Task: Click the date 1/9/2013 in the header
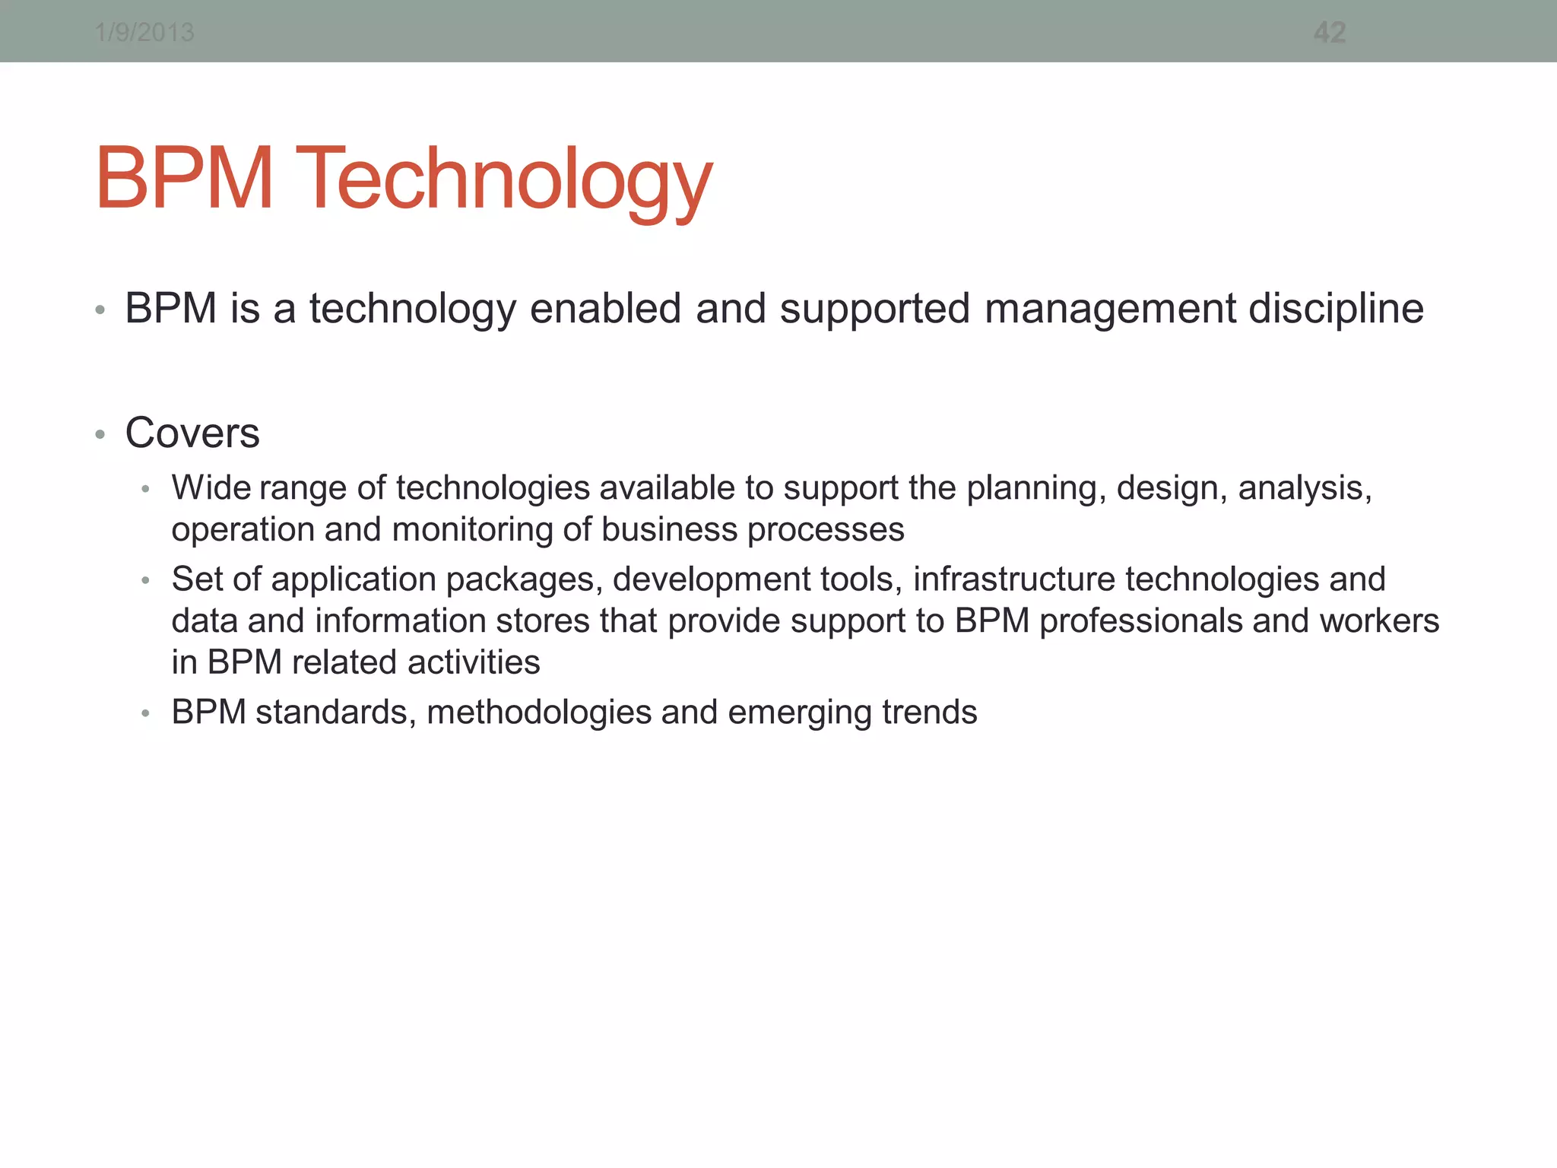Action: (x=144, y=33)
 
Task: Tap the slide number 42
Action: (x=1330, y=33)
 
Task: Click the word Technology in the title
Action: (x=504, y=179)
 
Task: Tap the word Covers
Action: (x=192, y=433)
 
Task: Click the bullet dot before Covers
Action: (x=100, y=435)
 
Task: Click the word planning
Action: (x=1036, y=488)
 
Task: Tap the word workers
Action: (x=1379, y=621)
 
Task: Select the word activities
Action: (x=474, y=662)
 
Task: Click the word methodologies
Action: (x=539, y=713)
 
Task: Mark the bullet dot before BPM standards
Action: (x=146, y=714)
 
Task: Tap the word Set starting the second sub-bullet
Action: (x=197, y=579)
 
